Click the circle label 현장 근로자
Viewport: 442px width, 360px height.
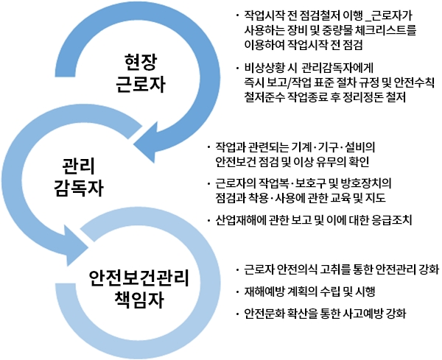141,74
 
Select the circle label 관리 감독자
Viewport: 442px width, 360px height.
79,177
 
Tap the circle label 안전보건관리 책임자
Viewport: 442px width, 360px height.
139,289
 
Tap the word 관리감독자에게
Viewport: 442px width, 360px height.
337,68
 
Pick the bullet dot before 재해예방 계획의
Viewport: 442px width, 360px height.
237,292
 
